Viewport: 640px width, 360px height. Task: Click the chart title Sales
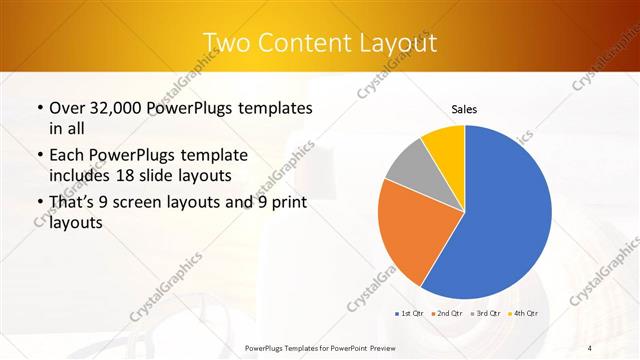464,109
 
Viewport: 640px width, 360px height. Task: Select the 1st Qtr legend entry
409,314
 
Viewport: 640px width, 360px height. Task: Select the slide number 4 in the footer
590,347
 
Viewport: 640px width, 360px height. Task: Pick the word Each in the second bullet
67,156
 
